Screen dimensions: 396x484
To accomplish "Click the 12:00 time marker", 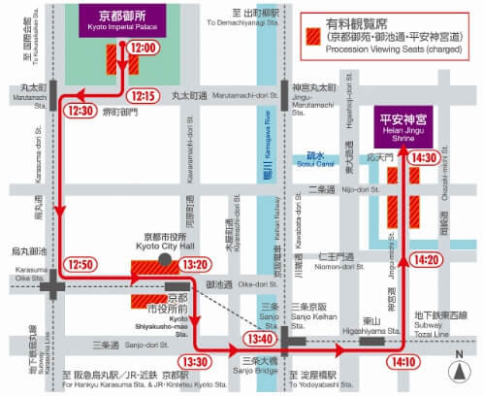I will pos(144,48).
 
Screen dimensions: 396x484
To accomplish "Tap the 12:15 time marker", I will pos(143,95).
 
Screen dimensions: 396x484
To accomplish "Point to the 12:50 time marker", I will pos(81,264).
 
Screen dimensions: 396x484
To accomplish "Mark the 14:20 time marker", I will pos(425,259).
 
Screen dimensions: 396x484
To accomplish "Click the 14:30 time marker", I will pos(424,157).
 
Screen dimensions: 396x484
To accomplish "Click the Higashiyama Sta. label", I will pos(370,325).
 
